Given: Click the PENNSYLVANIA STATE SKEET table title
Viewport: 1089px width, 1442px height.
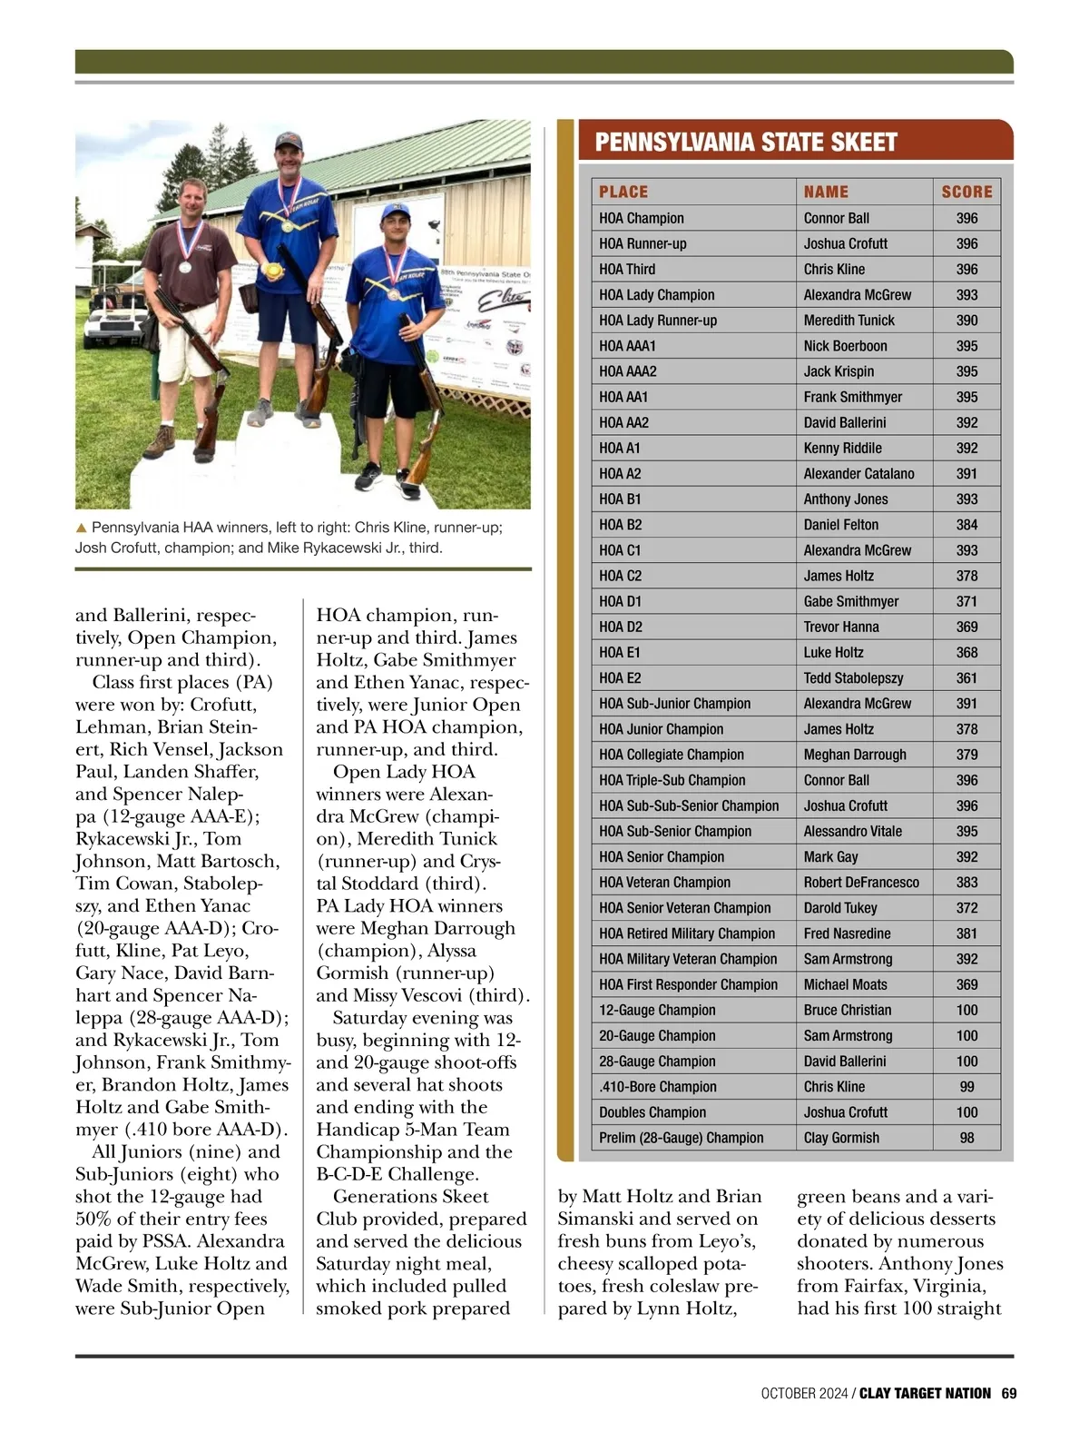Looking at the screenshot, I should pyautogui.click(x=746, y=142).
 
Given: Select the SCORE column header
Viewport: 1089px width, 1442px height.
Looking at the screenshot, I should pyautogui.click(x=966, y=192).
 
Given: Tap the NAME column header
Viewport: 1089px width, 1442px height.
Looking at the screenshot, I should pyautogui.click(x=826, y=192).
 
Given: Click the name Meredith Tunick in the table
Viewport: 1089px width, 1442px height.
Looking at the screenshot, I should pyautogui.click(x=849, y=321).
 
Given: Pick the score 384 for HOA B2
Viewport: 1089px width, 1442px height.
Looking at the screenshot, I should pyautogui.click(x=966, y=525).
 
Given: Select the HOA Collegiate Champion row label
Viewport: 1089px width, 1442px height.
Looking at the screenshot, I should pyautogui.click(x=671, y=755).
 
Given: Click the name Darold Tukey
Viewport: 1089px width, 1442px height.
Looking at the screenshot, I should pyautogui.click(x=840, y=908).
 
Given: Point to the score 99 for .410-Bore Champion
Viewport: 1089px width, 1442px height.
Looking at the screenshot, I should pyautogui.click(x=966, y=1087).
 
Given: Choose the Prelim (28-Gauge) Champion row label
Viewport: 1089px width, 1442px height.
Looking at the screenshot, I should pyautogui.click(x=681, y=1138).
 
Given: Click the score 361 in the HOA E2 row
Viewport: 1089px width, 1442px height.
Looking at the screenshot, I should pyautogui.click(x=966, y=678).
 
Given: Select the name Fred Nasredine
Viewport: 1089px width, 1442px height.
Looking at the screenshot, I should pyautogui.click(x=847, y=933).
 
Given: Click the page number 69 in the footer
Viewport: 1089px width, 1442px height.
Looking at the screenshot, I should pyautogui.click(x=1009, y=1393).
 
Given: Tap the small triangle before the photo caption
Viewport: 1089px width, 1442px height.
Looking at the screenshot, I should pyautogui.click(x=81, y=528).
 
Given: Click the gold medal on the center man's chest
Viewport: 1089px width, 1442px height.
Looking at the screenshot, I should pyautogui.click(x=287, y=224).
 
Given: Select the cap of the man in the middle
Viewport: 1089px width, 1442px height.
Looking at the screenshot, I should pyautogui.click(x=288, y=141).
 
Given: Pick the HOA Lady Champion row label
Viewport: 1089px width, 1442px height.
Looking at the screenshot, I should pyautogui.click(x=656, y=295).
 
